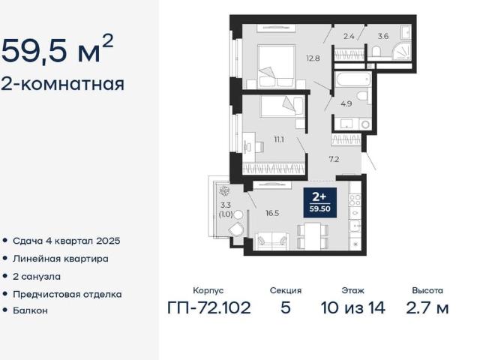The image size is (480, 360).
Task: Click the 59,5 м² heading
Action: [x=58, y=50]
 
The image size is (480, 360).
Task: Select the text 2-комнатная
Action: [x=62, y=83]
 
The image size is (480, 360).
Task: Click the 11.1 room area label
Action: [x=278, y=139]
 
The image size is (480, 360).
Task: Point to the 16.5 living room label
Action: [x=271, y=212]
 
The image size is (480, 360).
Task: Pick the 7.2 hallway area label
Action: [x=334, y=160]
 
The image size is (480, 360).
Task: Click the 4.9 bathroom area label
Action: [x=346, y=103]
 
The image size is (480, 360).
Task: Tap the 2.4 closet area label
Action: [x=349, y=35]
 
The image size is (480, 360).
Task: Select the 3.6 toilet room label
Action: [x=382, y=35]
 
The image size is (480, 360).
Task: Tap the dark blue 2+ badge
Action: [x=319, y=201]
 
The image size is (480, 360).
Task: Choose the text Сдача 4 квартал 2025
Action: [x=66, y=241]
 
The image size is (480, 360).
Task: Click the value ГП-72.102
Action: [x=208, y=307]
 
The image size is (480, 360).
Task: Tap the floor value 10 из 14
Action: [x=352, y=307]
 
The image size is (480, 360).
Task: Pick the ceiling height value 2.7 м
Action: [x=427, y=307]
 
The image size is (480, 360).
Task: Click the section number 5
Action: [x=285, y=307]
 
